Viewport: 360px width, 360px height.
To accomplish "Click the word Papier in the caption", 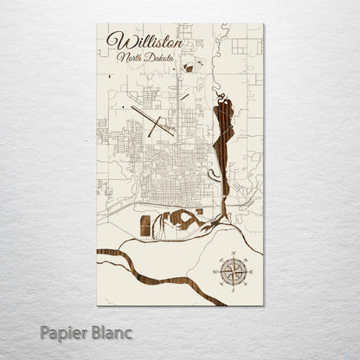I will (62, 331).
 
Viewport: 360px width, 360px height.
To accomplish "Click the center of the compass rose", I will (232, 271).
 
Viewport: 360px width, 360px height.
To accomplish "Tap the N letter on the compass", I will (232, 253).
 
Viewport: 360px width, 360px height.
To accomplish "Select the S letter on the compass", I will (232, 289).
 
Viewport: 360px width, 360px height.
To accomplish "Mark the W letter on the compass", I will (214, 271).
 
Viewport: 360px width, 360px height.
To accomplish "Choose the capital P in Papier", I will (45, 331).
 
